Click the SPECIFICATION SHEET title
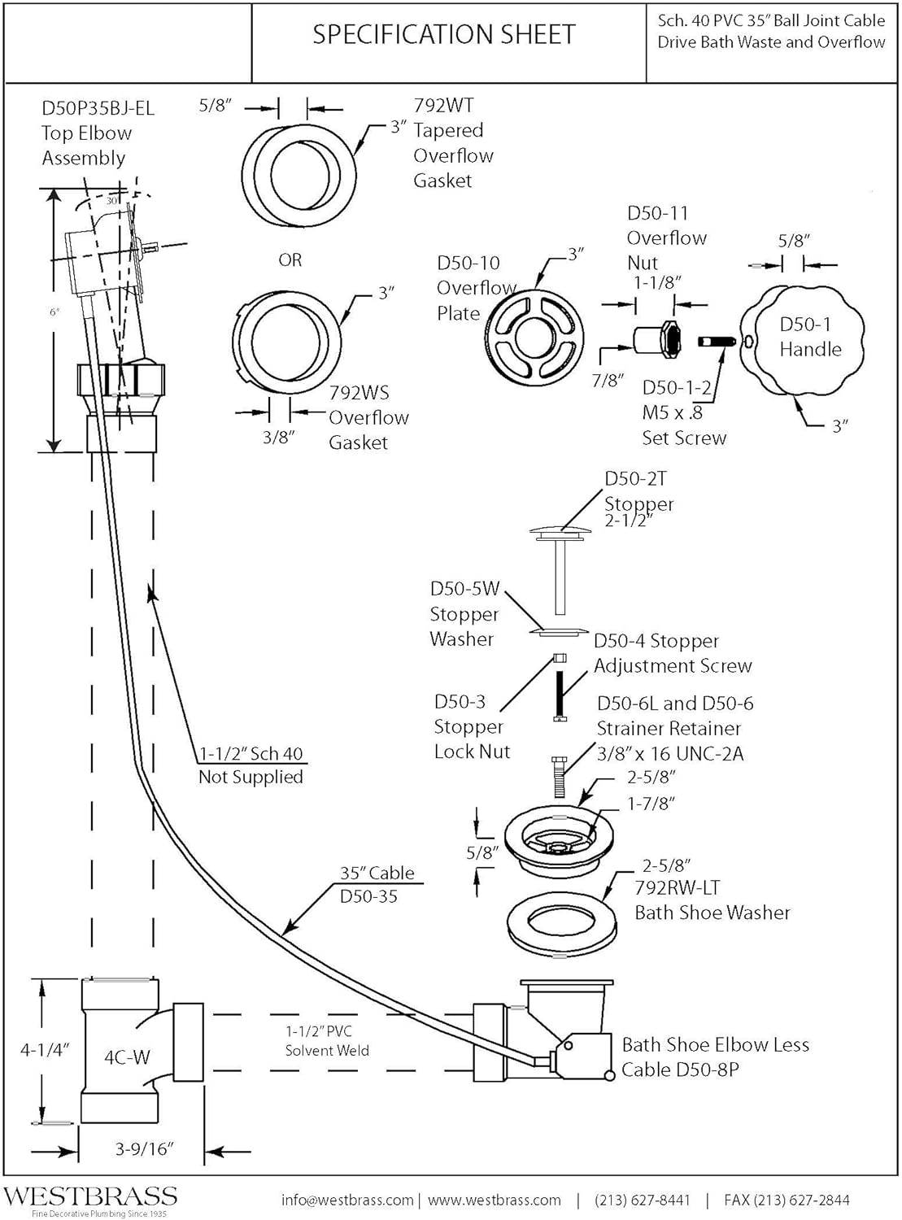pyautogui.click(x=444, y=34)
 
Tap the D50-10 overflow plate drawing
pyautogui.click(x=535, y=336)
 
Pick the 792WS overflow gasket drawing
pyautogui.click(x=286, y=339)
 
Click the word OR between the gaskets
pyautogui.click(x=290, y=260)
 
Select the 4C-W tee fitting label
pyautogui.click(x=127, y=1057)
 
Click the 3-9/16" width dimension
pyautogui.click(x=145, y=1148)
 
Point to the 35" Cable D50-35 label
pyautogui.click(x=377, y=884)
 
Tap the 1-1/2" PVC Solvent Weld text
pyautogui.click(x=326, y=1041)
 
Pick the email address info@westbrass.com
pyautogui.click(x=347, y=1200)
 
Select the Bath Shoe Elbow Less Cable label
pyautogui.click(x=715, y=1057)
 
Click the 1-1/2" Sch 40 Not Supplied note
pyautogui.click(x=251, y=765)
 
